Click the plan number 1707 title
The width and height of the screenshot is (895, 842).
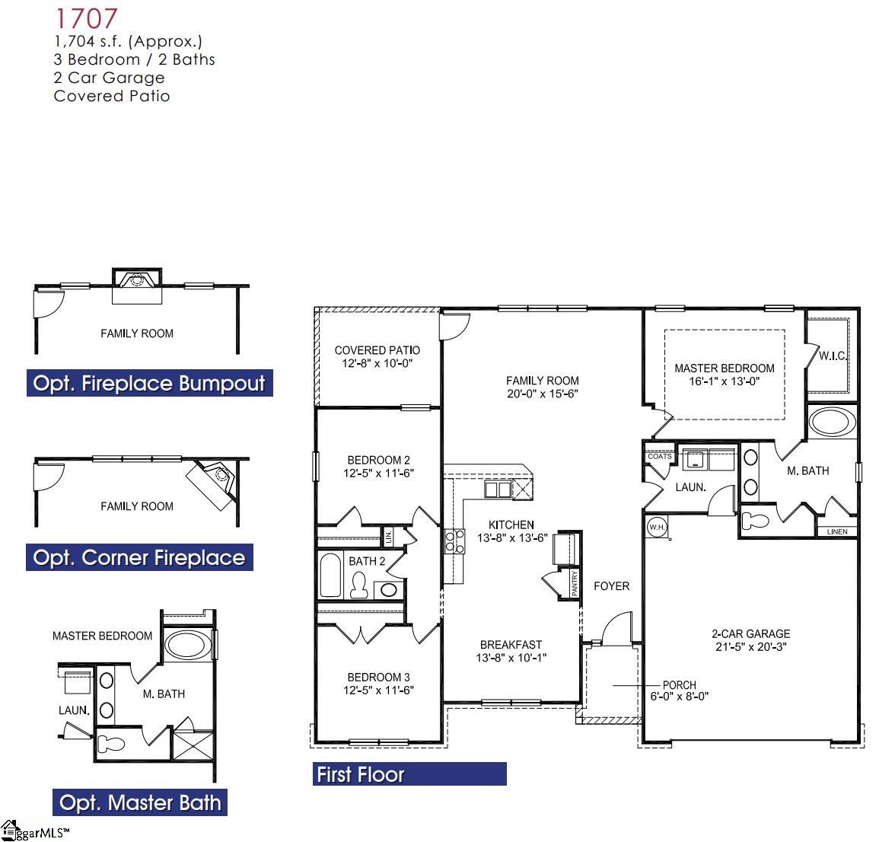click(x=85, y=18)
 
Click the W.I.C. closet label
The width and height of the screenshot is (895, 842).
click(x=833, y=356)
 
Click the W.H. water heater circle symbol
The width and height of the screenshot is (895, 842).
click(x=656, y=527)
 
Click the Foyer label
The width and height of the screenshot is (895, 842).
click(x=612, y=585)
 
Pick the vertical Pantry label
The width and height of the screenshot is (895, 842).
click(x=575, y=583)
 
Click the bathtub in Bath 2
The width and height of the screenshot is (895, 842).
click(x=331, y=576)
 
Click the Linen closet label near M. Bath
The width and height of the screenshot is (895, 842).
click(x=836, y=531)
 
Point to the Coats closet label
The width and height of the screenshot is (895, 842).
click(x=659, y=456)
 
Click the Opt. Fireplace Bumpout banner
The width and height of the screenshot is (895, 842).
click(x=149, y=383)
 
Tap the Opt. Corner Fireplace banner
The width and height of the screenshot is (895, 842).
click(x=139, y=557)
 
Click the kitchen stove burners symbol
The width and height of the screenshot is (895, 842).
click(x=454, y=541)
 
